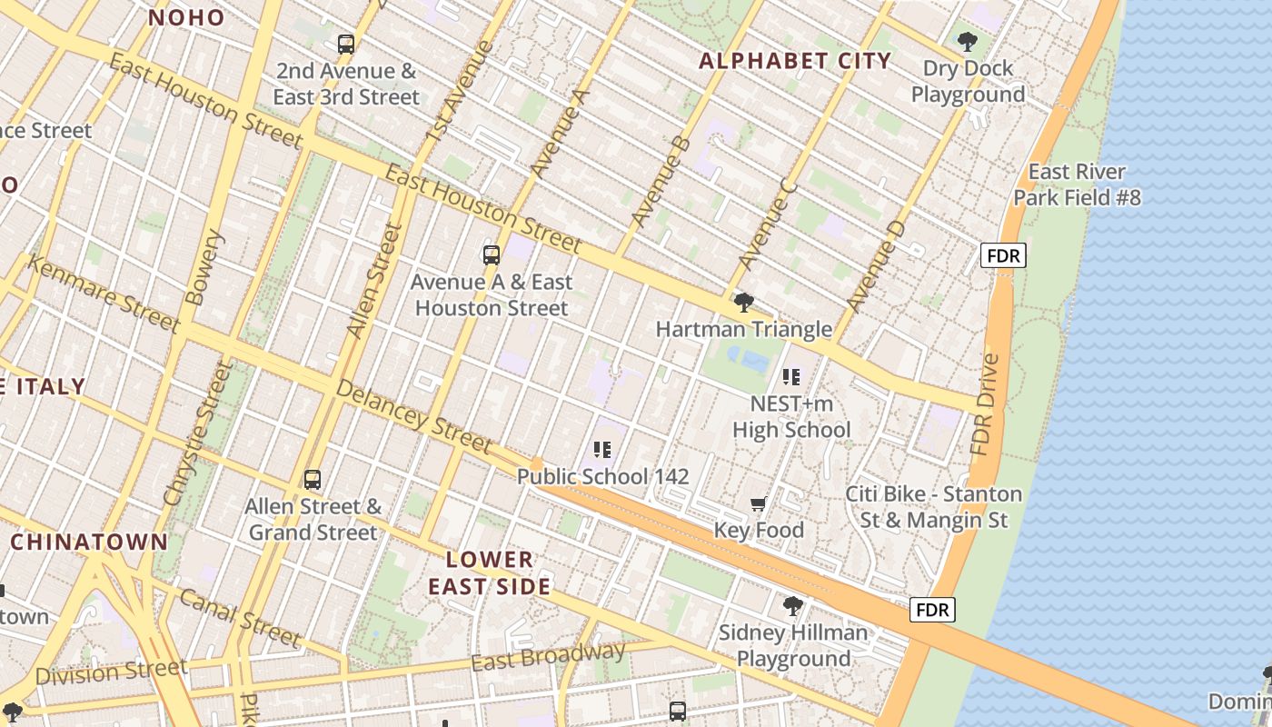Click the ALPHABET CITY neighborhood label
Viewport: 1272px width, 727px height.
(x=795, y=61)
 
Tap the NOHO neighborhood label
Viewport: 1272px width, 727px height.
(x=186, y=17)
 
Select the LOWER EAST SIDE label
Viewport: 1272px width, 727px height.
(x=490, y=573)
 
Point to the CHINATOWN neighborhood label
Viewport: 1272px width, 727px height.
(x=89, y=543)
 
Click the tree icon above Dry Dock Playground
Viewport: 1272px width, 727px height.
(x=967, y=41)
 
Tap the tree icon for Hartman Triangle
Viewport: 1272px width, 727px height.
(x=744, y=302)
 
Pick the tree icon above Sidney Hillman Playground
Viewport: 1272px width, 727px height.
(x=793, y=605)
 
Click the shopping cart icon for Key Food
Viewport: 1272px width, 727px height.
(x=759, y=503)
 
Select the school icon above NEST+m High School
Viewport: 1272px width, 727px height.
(x=791, y=376)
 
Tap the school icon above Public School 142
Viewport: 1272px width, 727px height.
(x=601, y=449)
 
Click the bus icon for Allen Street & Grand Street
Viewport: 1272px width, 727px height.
(x=313, y=479)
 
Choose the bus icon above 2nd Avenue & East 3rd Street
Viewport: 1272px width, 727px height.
(x=346, y=44)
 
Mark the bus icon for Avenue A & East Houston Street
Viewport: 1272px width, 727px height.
(x=492, y=254)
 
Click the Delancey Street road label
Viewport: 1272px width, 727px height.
(x=413, y=415)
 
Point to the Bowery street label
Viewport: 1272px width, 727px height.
(x=204, y=267)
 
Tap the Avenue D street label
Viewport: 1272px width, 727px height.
(x=876, y=264)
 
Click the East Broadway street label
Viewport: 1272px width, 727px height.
(x=548, y=656)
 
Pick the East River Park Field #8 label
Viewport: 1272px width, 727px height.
(x=1077, y=184)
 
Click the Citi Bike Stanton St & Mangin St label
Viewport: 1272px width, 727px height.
(x=933, y=507)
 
